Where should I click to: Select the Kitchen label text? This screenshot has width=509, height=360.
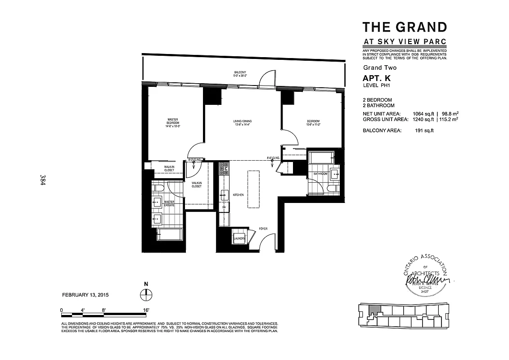[238, 195]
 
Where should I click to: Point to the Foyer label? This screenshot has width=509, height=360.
[263, 229]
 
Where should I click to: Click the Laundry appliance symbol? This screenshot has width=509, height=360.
[239, 238]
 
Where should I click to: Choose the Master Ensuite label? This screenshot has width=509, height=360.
[169, 204]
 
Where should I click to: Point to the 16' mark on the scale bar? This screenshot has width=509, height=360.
[146, 310]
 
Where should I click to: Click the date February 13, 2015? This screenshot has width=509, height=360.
[85, 295]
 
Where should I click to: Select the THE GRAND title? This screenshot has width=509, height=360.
[405, 27]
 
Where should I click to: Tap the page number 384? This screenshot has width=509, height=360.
[43, 180]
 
